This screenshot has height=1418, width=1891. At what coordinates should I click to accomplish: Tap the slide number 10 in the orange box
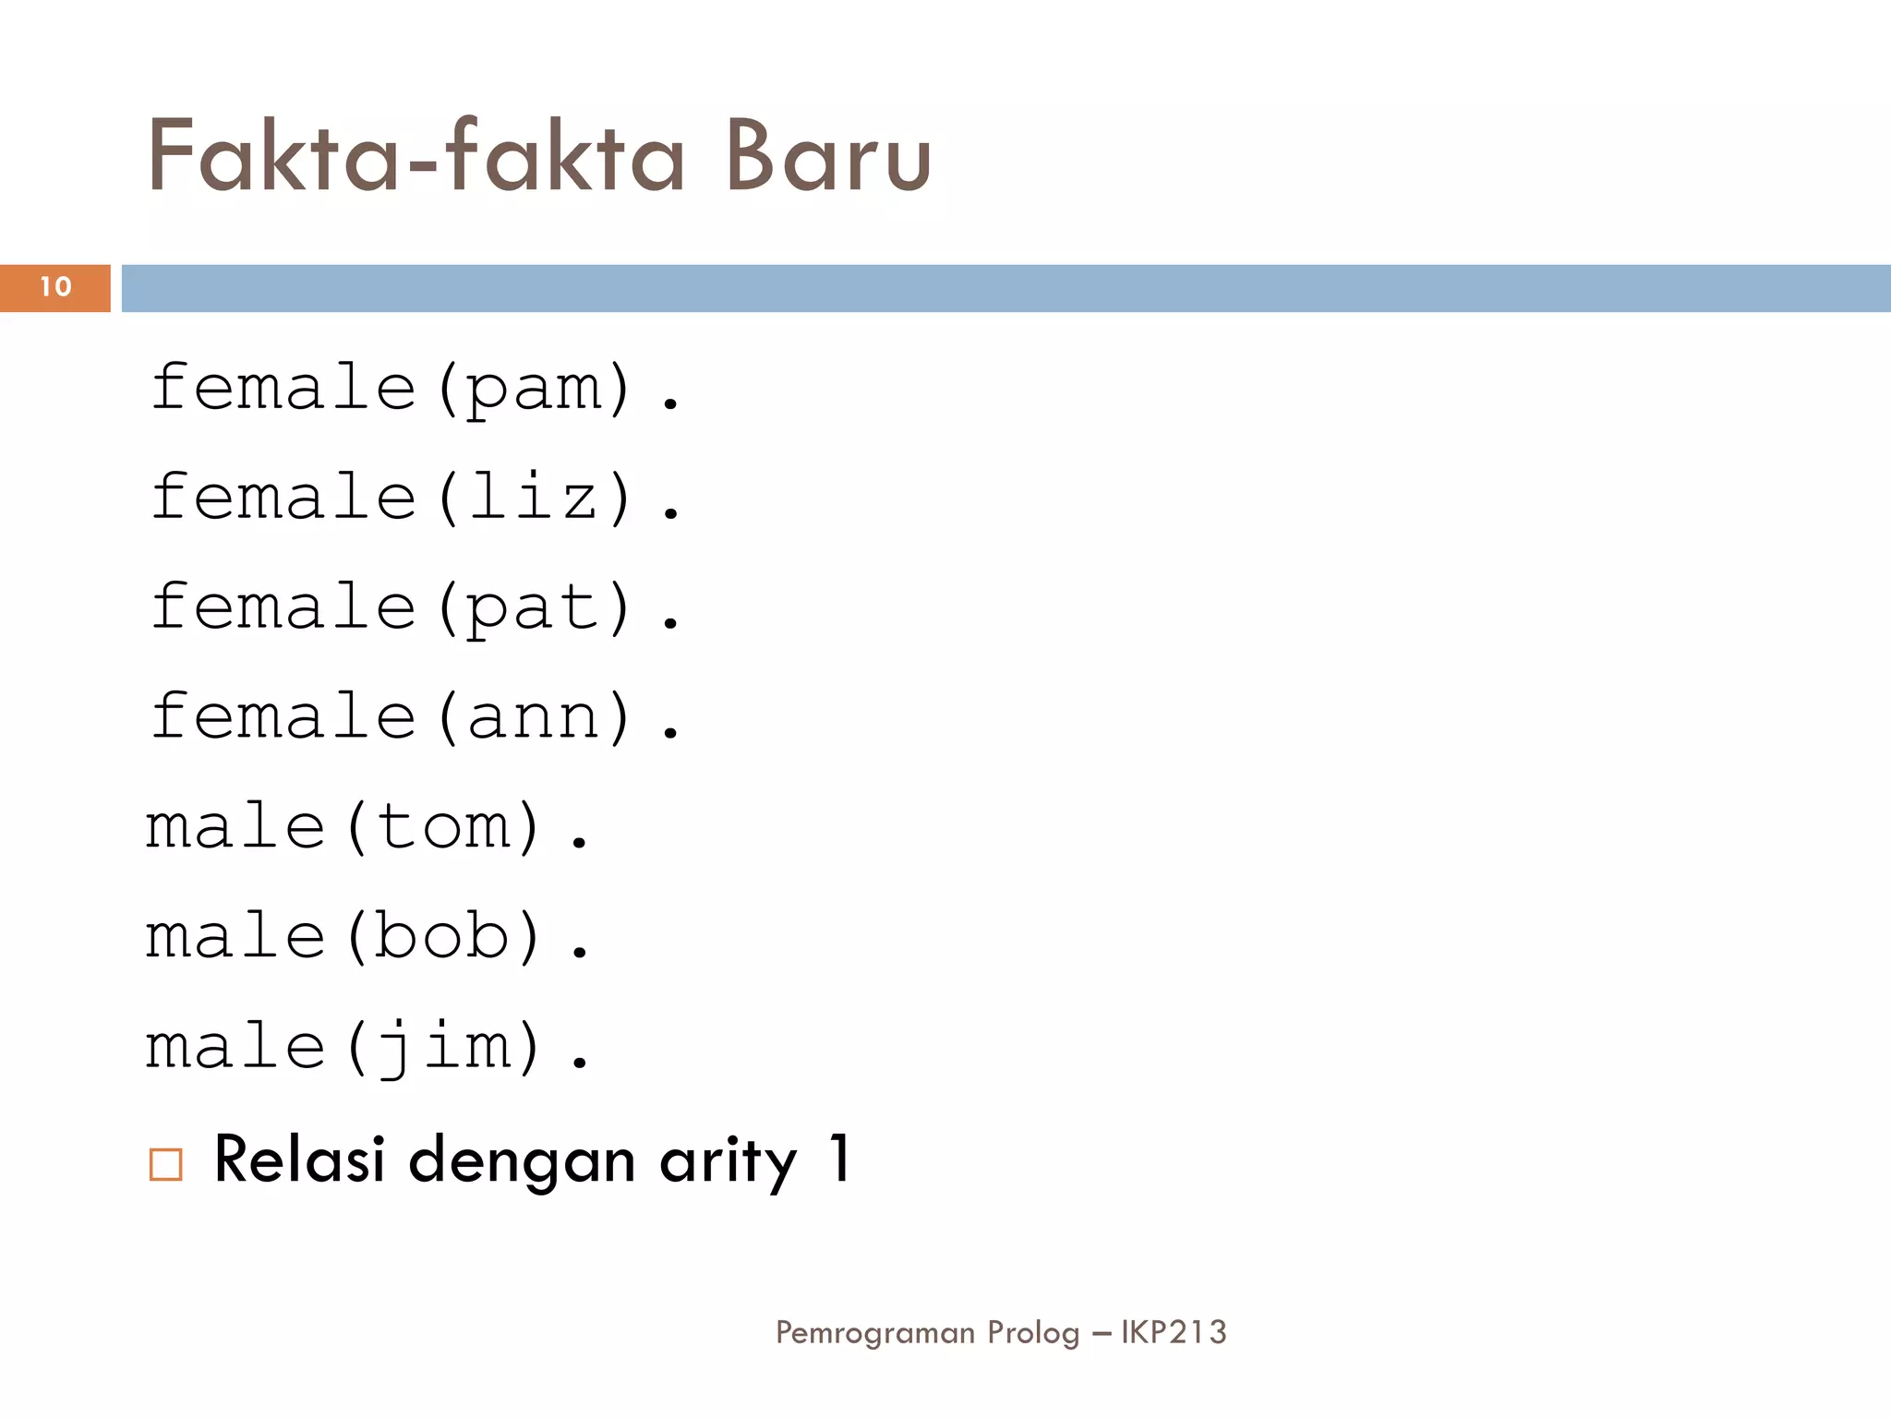coord(55,287)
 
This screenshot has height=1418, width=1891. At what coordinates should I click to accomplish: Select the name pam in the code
coord(535,389)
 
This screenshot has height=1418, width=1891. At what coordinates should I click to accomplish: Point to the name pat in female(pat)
coord(535,607)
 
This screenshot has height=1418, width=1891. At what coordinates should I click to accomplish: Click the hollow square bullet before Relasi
coord(166,1164)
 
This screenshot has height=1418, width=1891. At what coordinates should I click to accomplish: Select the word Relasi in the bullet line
coord(299,1159)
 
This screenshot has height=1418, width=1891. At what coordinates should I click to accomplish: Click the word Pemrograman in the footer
coord(875,1333)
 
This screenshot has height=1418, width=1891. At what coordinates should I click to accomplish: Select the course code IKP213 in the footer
coord(1174,1332)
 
